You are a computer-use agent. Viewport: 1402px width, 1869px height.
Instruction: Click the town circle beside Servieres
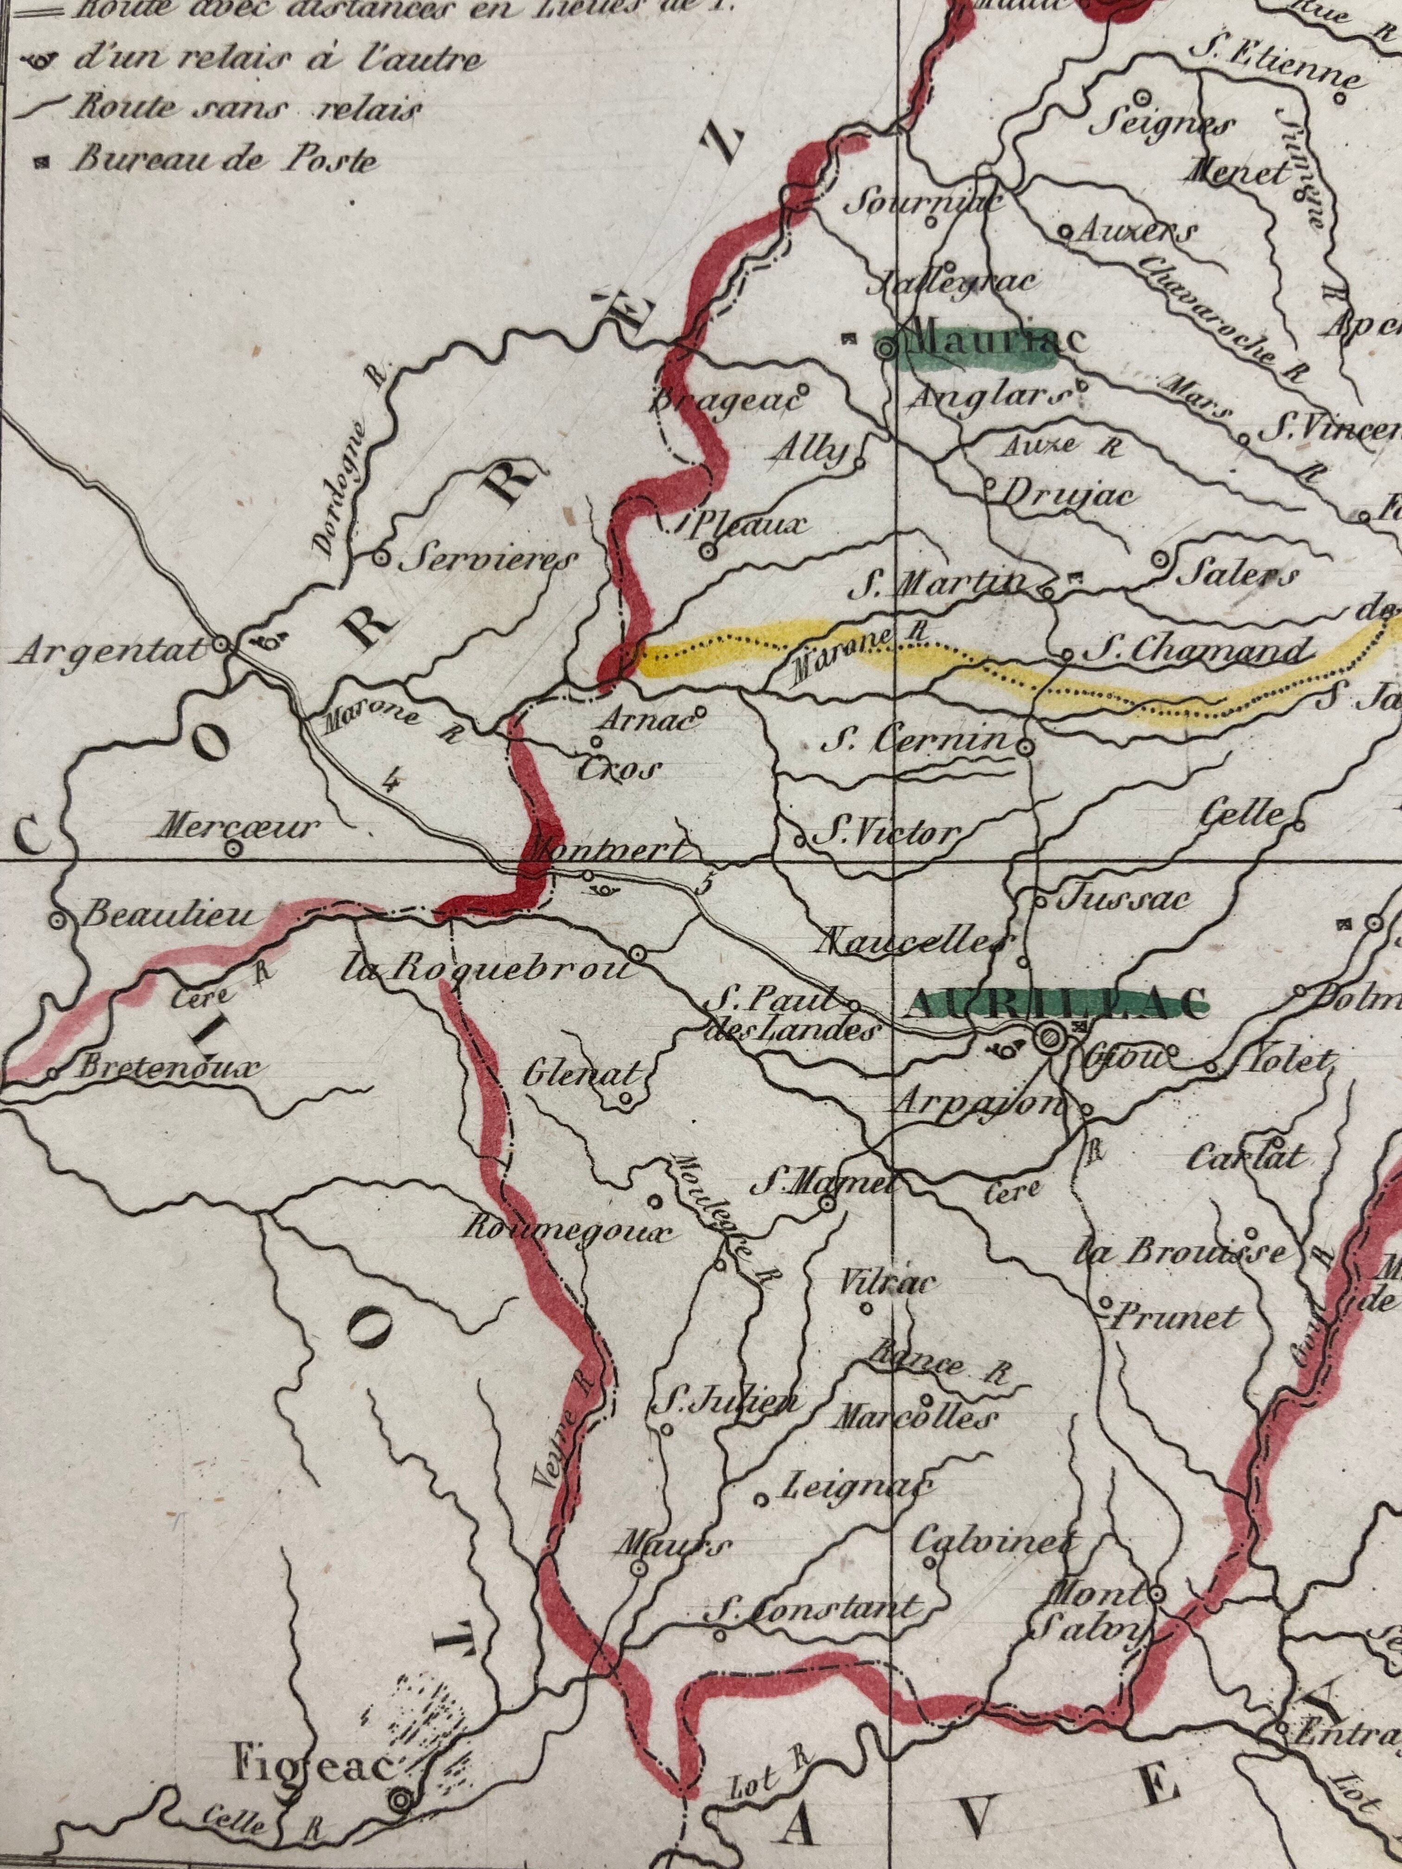pyautogui.click(x=381, y=557)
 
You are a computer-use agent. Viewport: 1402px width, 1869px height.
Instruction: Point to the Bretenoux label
pyautogui.click(x=165, y=1068)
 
